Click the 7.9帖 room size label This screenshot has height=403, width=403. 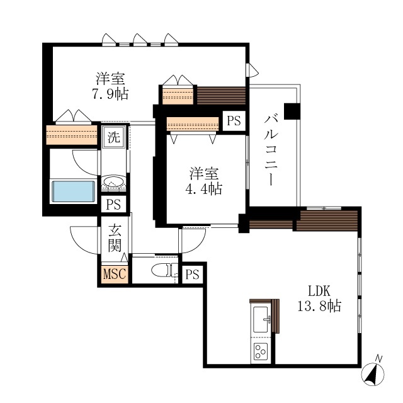110,94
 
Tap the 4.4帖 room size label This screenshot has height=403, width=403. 204,189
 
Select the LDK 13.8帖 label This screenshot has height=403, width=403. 319,298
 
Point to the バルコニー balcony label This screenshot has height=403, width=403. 271,150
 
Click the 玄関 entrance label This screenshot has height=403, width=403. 115,238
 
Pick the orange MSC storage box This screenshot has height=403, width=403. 115,275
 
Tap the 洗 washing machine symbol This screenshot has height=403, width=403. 114,137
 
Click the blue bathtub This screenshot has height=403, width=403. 74,191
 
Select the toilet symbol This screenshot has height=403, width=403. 161,270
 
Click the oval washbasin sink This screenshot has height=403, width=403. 113,181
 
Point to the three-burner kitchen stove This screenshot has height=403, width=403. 260,351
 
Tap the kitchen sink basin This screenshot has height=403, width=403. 260,319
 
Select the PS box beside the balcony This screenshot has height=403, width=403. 234,121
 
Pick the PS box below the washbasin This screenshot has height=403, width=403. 113,205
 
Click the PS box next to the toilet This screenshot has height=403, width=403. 192,275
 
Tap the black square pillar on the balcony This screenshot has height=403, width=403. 292,111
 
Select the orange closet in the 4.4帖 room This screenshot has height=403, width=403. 193,124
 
